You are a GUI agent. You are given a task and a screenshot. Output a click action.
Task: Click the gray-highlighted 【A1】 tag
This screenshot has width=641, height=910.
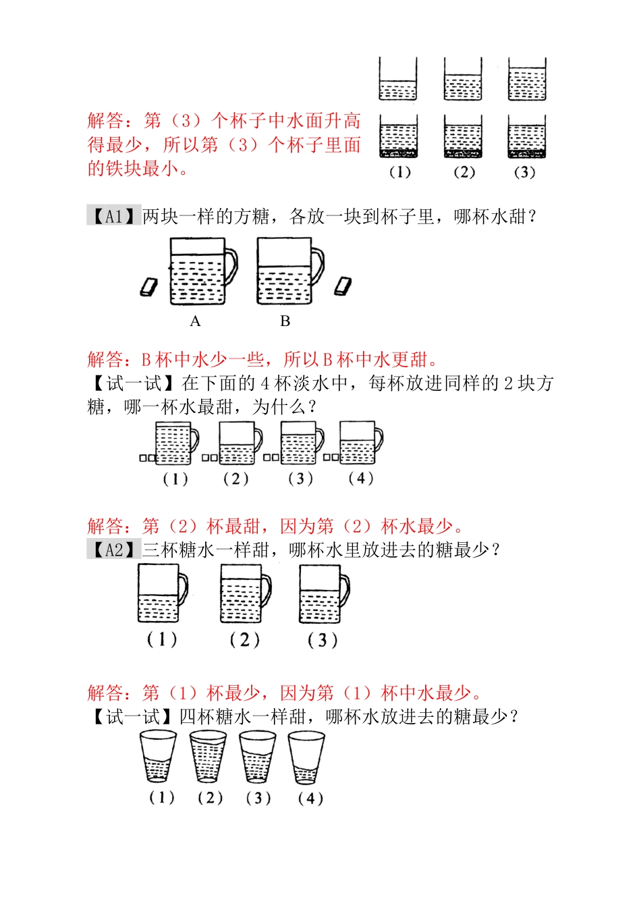pyautogui.click(x=113, y=215)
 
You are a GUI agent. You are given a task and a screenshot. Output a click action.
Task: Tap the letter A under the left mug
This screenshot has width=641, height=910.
pyautogui.click(x=195, y=321)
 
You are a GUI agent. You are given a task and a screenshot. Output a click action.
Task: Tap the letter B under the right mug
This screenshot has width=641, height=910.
pyautogui.click(x=285, y=321)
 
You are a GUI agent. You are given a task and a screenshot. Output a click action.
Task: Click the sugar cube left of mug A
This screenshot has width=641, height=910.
pyautogui.click(x=148, y=286)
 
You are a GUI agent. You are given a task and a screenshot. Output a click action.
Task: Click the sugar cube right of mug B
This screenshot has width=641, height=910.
pyautogui.click(x=343, y=286)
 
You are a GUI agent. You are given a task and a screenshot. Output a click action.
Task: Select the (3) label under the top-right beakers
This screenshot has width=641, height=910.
pyautogui.click(x=524, y=172)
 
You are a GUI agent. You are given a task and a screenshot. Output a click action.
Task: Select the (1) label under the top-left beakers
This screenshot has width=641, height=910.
pyautogui.click(x=400, y=172)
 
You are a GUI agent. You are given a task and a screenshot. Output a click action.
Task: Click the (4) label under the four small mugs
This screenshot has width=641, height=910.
pyautogui.click(x=361, y=478)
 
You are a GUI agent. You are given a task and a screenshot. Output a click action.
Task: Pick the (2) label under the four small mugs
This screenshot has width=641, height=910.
pyautogui.click(x=236, y=479)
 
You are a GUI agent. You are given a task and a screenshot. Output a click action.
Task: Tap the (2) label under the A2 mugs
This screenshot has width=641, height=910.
pyautogui.click(x=244, y=640)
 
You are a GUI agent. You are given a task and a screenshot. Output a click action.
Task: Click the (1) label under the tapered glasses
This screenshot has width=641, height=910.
pyautogui.click(x=162, y=797)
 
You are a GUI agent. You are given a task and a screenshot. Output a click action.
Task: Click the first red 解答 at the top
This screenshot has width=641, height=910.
pyautogui.click(x=106, y=121)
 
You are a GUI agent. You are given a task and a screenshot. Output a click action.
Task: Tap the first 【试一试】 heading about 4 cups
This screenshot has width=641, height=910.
pyautogui.click(x=133, y=383)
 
